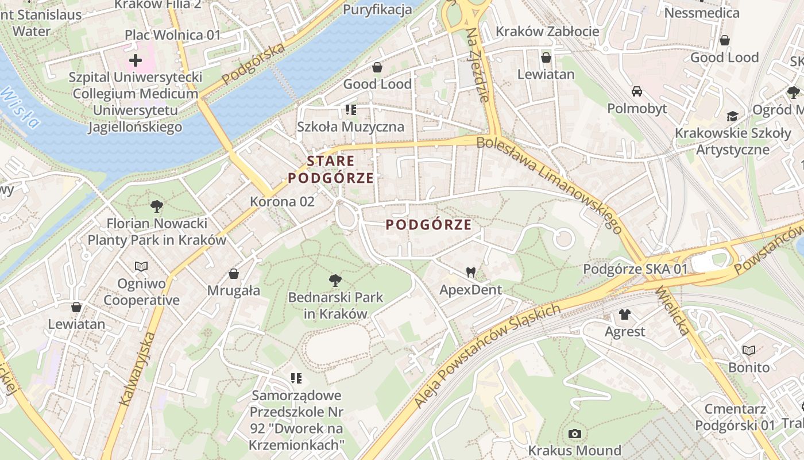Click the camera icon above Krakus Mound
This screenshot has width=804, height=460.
click(x=574, y=434)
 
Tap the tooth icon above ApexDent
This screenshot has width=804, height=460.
click(x=471, y=272)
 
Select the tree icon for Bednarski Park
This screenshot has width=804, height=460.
click(x=335, y=281)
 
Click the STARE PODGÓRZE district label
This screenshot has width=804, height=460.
click(x=331, y=170)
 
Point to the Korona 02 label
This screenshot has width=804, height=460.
click(x=282, y=202)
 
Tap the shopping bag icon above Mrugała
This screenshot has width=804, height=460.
click(x=234, y=273)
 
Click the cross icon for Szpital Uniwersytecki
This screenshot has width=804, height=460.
click(x=136, y=60)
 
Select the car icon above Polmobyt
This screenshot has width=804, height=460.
click(x=637, y=91)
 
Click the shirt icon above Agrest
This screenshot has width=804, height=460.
click(x=625, y=314)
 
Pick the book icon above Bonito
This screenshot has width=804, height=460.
click(x=748, y=350)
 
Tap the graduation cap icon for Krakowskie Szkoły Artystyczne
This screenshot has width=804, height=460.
click(x=732, y=117)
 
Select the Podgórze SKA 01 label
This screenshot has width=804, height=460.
click(x=635, y=269)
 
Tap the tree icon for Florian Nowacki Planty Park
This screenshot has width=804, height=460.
click(x=156, y=206)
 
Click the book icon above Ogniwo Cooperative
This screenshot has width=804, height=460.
click(x=141, y=266)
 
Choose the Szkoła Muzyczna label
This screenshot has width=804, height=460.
click(x=350, y=126)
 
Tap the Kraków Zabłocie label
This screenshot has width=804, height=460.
click(x=547, y=32)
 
